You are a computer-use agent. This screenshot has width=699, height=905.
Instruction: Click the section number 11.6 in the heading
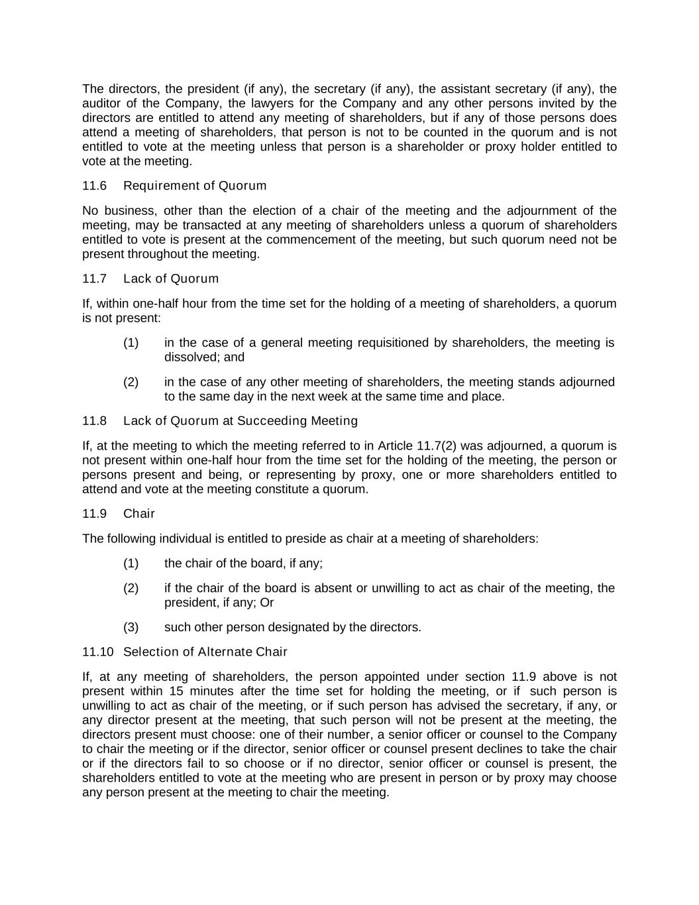(x=94, y=186)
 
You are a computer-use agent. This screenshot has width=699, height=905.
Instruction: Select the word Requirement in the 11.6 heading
(x=156, y=186)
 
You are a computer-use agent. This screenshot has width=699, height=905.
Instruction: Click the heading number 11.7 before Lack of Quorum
(x=94, y=278)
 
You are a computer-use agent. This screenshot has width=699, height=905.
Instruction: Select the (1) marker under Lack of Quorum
(x=131, y=343)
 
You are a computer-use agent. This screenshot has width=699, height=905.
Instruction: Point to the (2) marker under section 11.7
(x=131, y=382)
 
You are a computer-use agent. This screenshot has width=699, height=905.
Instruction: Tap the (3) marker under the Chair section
(x=131, y=627)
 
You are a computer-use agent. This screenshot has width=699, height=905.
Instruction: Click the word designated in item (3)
(x=321, y=627)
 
